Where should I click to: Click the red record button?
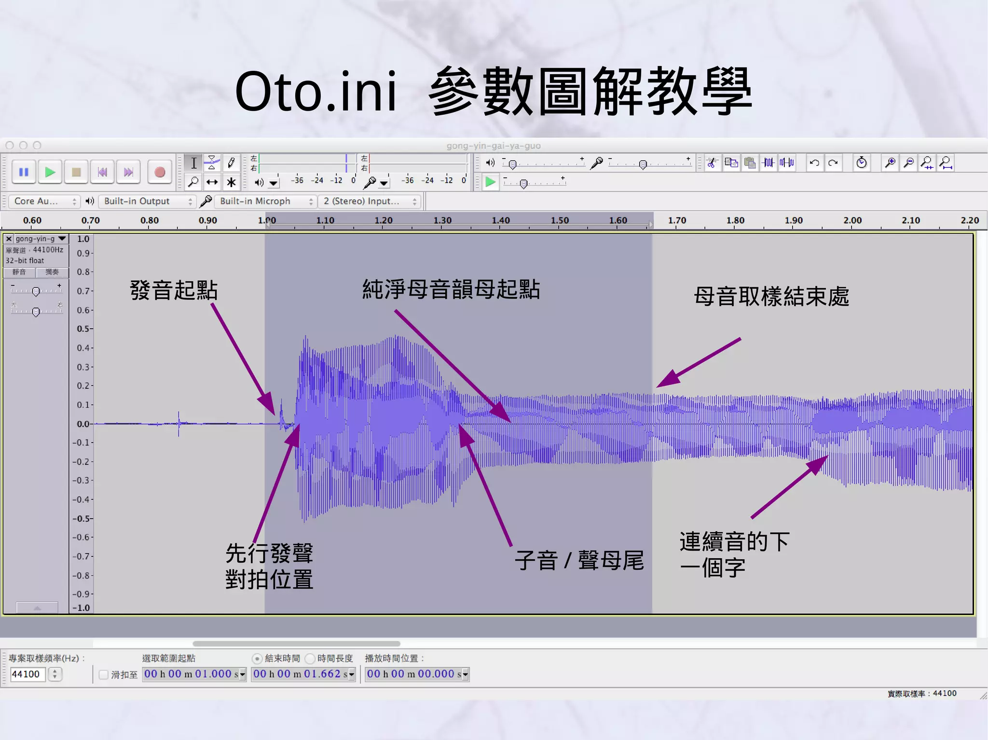160,172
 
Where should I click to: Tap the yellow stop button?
76,172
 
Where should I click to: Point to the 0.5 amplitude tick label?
83,329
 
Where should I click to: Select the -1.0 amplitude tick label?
82,608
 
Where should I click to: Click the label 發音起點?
174,291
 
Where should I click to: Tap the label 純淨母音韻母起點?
451,290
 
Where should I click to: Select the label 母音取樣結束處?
771,296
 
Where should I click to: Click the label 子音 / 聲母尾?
579,561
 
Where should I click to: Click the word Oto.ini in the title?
316,92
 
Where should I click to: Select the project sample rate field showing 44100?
27,674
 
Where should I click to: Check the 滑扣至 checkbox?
103,674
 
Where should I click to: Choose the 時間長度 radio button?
310,659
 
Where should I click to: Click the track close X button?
9,239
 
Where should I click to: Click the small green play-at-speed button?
490,182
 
